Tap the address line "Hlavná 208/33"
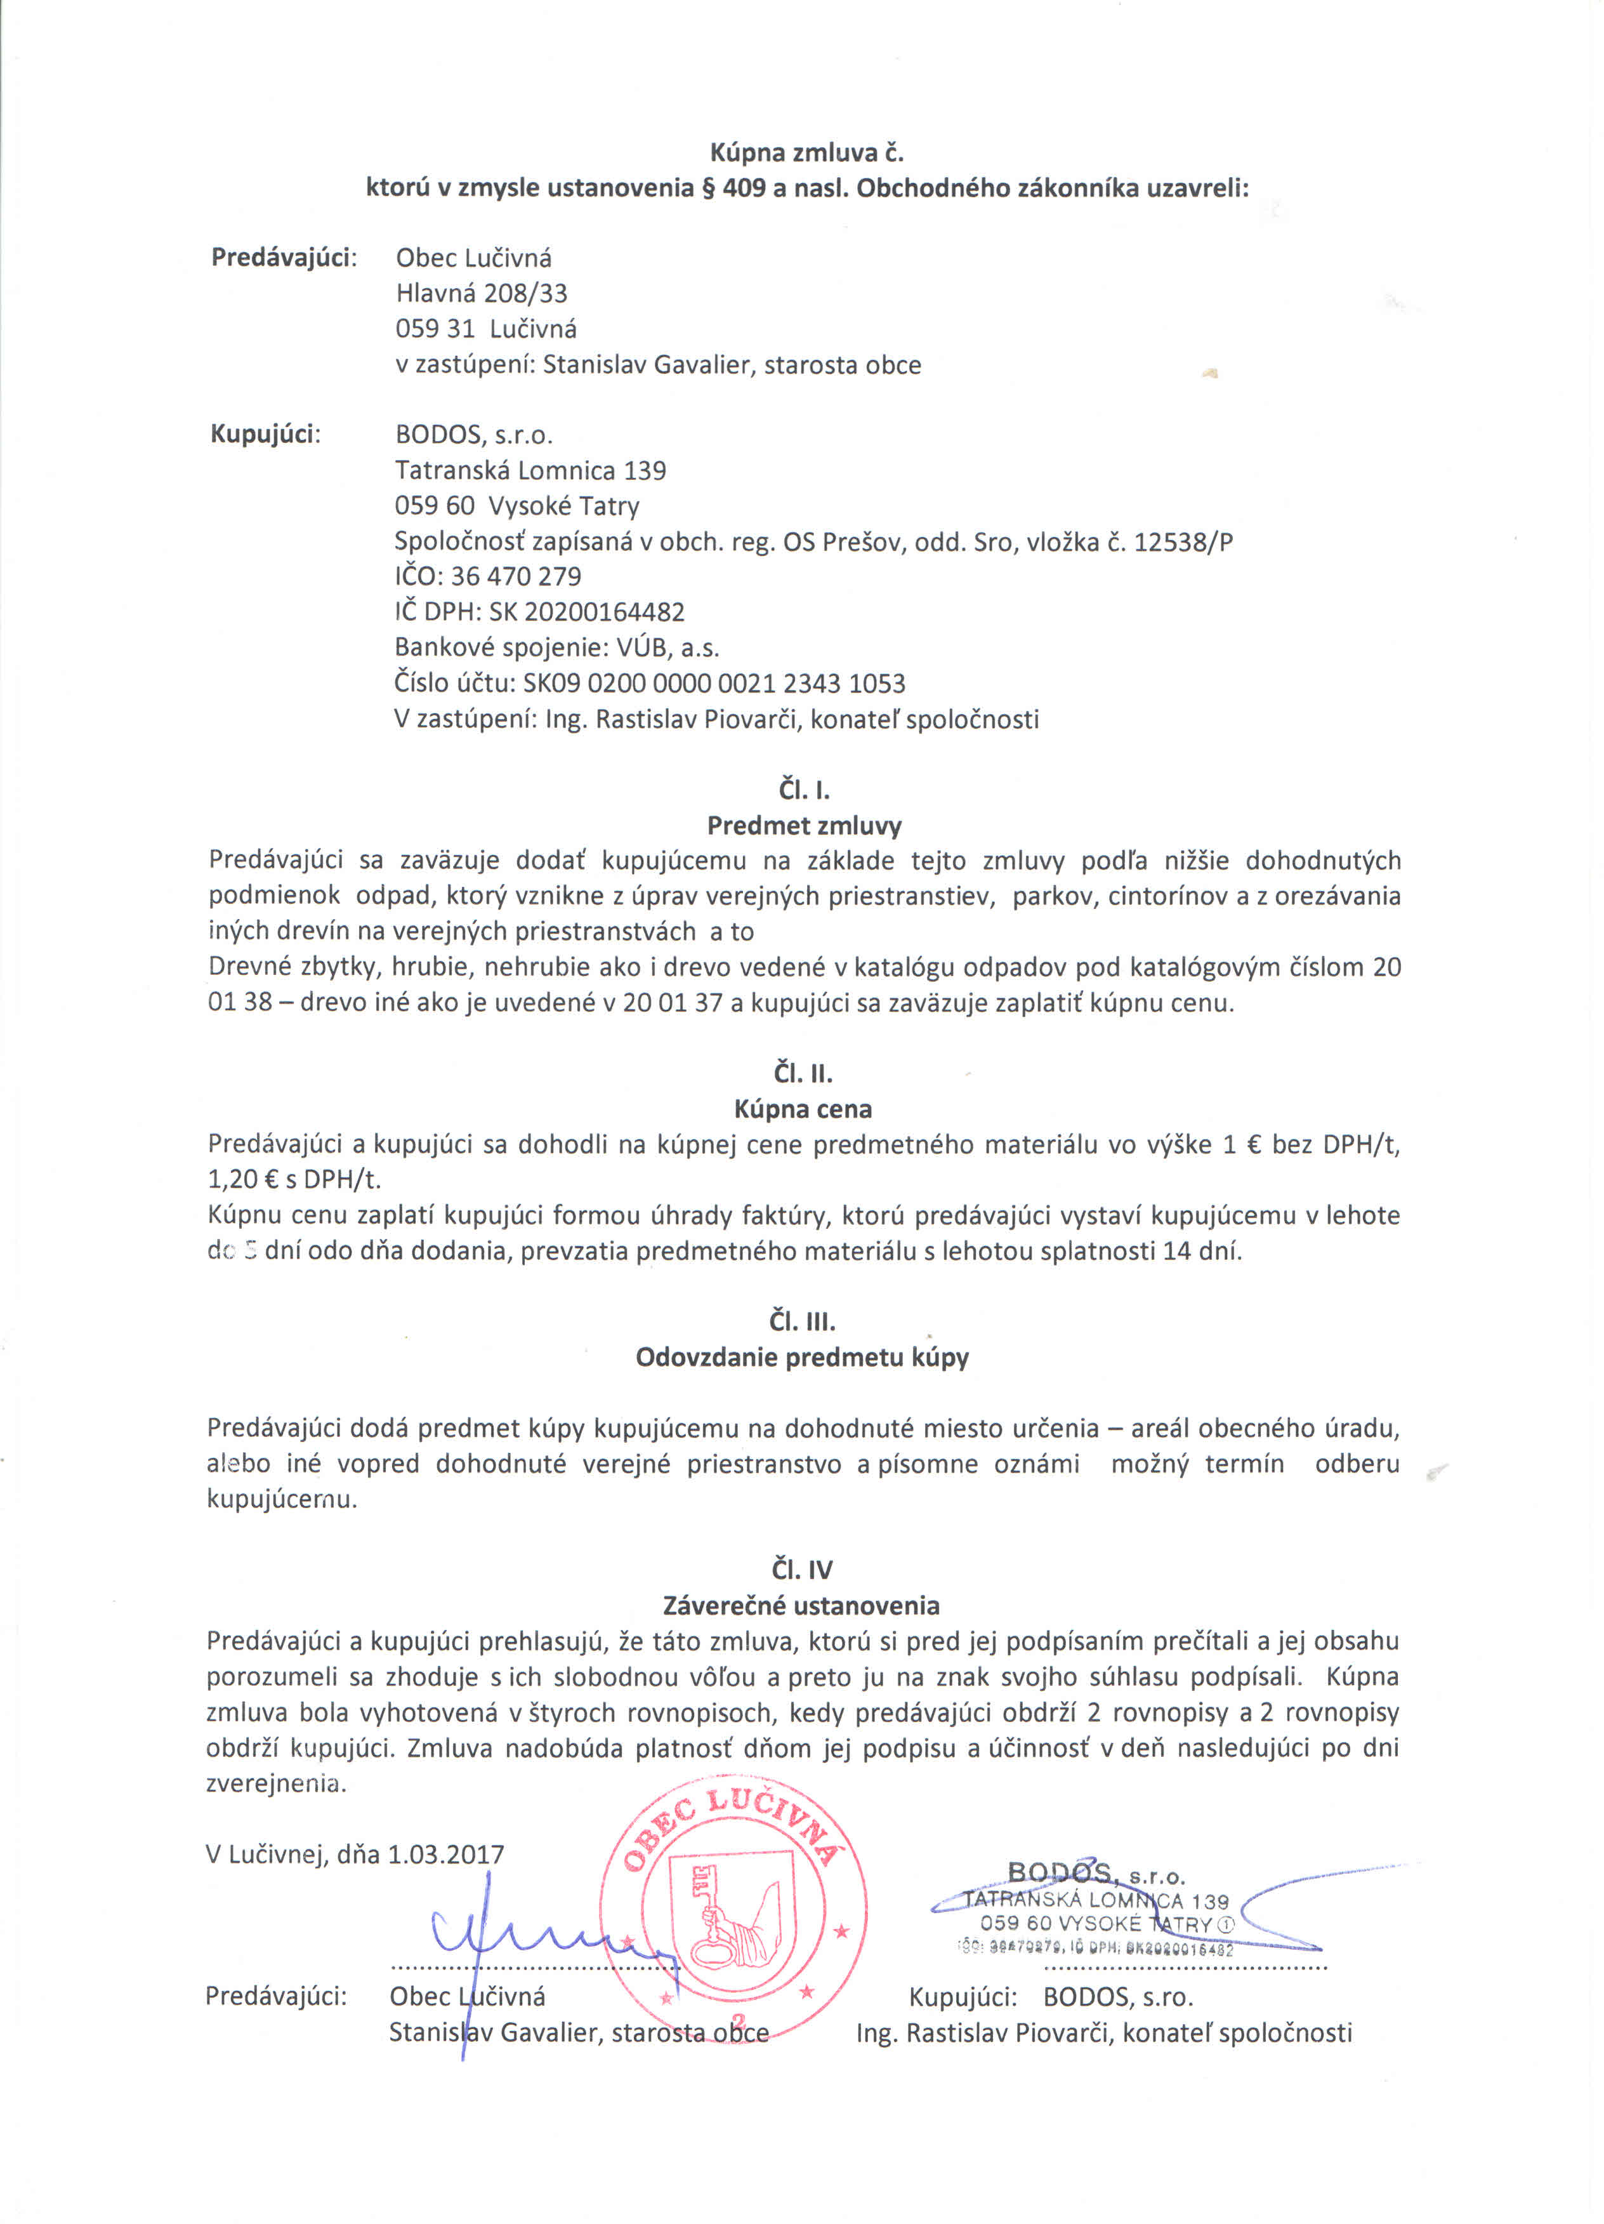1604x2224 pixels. [x=482, y=293]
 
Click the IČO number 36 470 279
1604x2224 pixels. [x=516, y=576]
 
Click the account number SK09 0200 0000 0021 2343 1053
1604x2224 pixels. [x=714, y=684]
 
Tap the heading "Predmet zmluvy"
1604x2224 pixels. [x=804, y=826]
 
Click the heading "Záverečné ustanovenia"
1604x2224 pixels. [x=801, y=1605]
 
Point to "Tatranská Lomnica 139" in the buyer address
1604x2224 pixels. [x=530, y=471]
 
